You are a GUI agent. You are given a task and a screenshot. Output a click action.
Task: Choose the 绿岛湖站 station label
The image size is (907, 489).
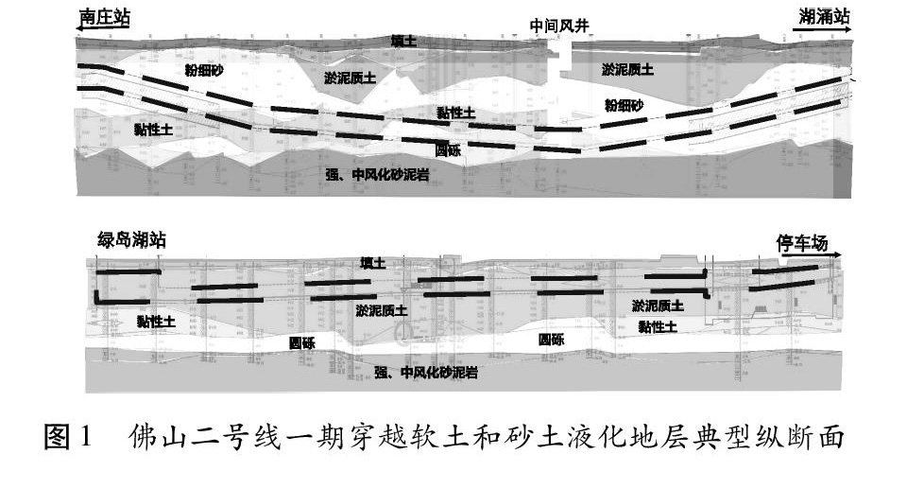click(x=131, y=240)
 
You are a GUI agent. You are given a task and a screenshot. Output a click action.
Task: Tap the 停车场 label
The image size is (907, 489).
click(x=801, y=243)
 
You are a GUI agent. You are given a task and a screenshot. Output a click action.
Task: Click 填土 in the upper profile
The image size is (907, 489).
click(x=403, y=41)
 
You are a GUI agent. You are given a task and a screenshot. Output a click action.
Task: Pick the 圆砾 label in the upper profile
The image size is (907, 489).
click(x=448, y=149)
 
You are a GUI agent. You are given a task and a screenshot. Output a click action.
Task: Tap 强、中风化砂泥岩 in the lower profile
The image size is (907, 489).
click(x=424, y=373)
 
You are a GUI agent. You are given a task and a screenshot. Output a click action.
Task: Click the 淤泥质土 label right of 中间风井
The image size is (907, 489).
click(x=627, y=69)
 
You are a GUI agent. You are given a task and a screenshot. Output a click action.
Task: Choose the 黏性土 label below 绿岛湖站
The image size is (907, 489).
click(x=155, y=323)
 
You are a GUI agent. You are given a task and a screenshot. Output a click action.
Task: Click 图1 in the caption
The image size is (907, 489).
click(x=71, y=438)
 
